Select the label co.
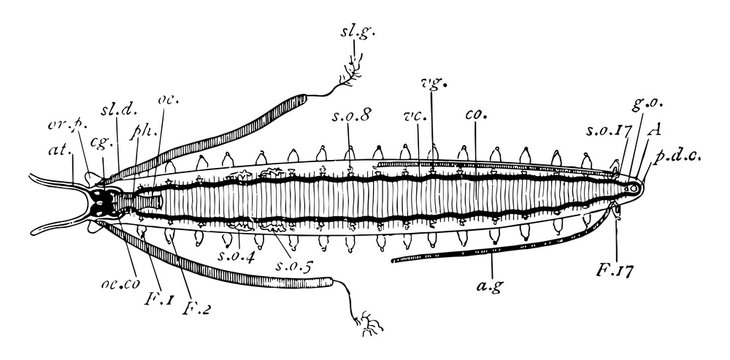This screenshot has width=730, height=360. pos(475,116)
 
